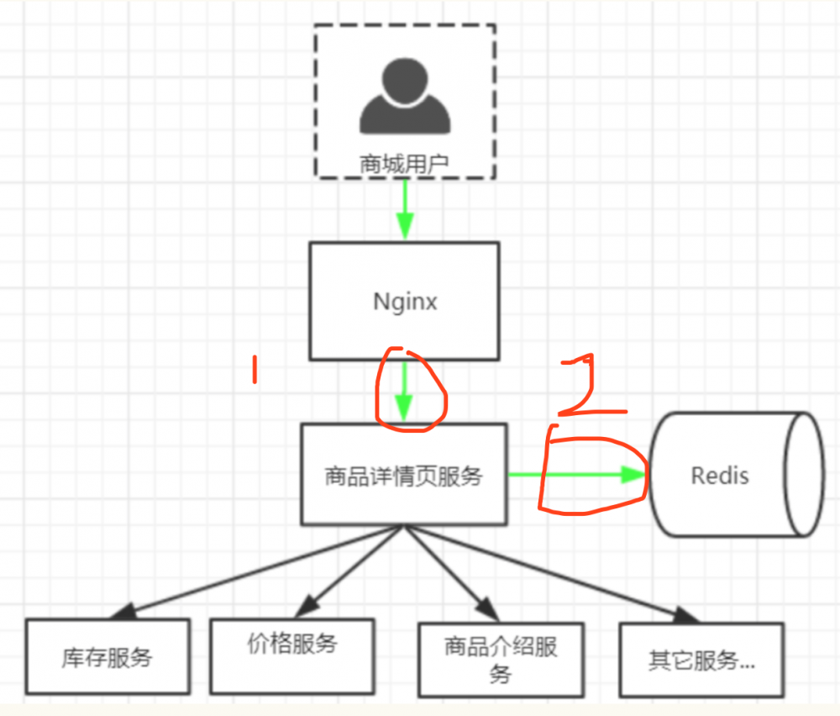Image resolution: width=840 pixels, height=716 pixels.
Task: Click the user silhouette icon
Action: (x=404, y=99)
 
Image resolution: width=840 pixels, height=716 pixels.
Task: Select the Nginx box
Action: (x=404, y=277)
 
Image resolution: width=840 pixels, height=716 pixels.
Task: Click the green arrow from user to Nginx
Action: (x=405, y=210)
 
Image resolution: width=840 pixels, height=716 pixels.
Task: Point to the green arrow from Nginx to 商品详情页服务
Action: (x=405, y=391)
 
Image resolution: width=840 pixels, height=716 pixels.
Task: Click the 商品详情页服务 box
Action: (x=404, y=476)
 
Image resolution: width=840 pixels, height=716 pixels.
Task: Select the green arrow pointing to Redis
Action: (x=580, y=475)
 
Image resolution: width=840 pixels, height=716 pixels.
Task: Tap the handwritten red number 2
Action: (x=589, y=387)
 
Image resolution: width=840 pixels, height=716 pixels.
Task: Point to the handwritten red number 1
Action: (x=255, y=371)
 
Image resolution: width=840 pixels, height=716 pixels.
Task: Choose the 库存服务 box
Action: (x=106, y=656)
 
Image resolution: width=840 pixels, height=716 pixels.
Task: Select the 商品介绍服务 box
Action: (x=501, y=660)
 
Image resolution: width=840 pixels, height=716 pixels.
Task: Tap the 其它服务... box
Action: (x=701, y=660)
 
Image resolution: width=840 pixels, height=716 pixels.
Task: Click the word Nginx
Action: (x=405, y=302)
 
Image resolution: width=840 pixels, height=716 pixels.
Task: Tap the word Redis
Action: (x=720, y=476)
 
